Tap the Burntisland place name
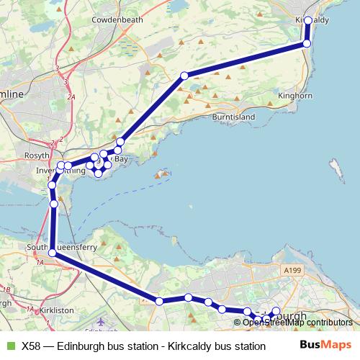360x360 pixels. click(x=235, y=116)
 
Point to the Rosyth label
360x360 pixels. click(x=37, y=155)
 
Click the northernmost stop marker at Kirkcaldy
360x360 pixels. click(x=308, y=20)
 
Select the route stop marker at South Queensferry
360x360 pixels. click(x=53, y=252)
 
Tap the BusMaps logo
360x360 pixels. click(x=326, y=345)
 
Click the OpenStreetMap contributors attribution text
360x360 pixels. click(x=297, y=322)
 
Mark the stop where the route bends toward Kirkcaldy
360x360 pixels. click(x=184, y=75)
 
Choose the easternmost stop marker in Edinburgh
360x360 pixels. click(x=276, y=310)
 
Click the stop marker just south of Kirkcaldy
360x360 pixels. click(x=307, y=44)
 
